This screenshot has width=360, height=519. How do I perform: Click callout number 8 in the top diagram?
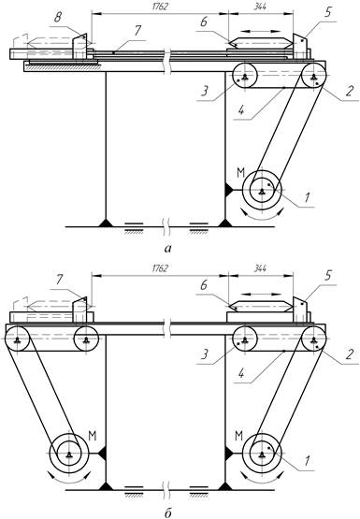coord(58,18)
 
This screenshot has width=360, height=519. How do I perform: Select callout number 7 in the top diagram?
coord(137,31)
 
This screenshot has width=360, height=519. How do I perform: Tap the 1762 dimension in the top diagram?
coord(160,7)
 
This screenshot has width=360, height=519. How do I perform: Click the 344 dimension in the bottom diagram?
coord(260,268)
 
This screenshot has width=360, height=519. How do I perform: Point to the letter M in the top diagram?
coord(240,172)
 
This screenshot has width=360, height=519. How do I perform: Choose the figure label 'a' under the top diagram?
coord(168,249)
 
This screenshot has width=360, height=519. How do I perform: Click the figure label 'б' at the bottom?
coord(168,512)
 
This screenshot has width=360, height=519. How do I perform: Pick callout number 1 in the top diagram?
coord(307,197)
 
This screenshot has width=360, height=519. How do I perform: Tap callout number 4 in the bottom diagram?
coord(241,373)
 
